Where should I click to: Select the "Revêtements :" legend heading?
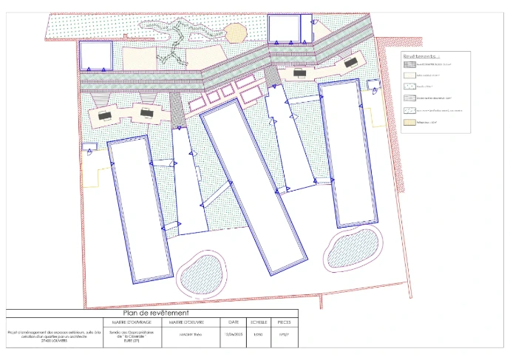(421, 55)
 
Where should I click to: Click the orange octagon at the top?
(234, 33)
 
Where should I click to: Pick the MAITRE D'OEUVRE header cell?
(186, 322)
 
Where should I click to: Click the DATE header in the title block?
(234, 322)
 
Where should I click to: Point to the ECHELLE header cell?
(258, 322)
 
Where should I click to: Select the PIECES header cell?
(284, 322)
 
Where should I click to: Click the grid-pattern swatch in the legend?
(410, 64)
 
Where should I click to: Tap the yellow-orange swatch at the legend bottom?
(410, 121)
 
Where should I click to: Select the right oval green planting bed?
(353, 249)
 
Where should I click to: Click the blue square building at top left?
(95, 55)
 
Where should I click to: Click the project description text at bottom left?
(46, 336)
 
